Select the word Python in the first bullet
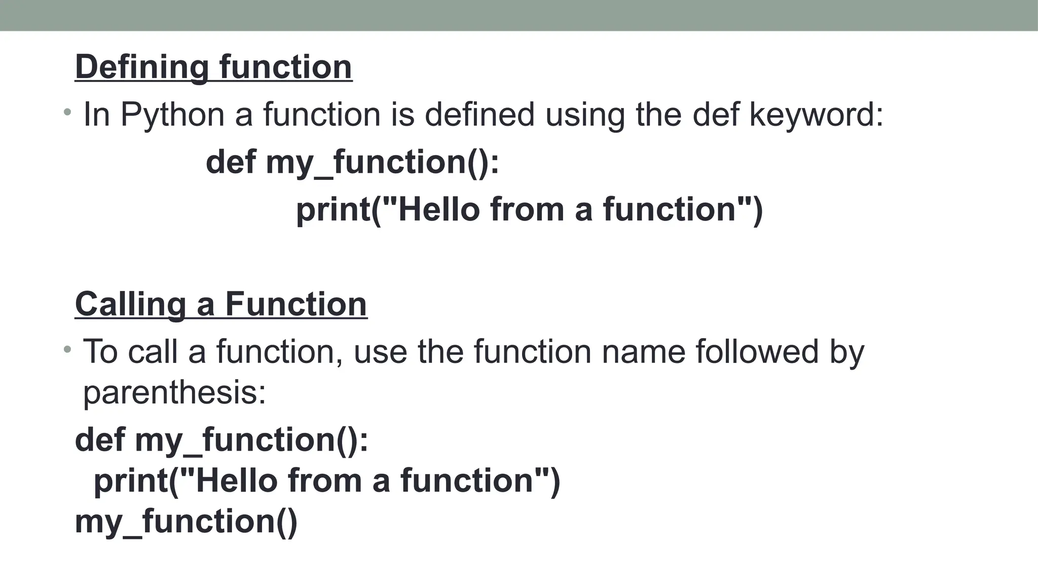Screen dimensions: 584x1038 (x=172, y=115)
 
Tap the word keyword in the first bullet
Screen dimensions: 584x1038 (x=816, y=115)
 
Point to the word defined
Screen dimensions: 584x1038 (x=479, y=115)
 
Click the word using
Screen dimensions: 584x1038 (x=585, y=115)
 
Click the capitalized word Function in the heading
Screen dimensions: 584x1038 (x=296, y=304)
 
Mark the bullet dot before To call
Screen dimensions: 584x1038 (x=67, y=349)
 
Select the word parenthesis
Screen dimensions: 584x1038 (x=174, y=392)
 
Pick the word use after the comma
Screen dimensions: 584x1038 (x=380, y=351)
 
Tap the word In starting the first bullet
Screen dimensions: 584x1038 (x=96, y=115)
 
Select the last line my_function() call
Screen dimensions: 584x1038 (x=186, y=522)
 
